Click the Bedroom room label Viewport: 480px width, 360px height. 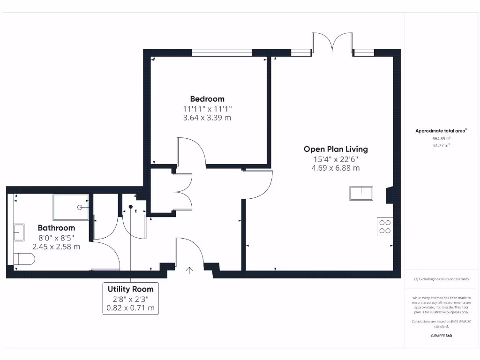point(207,99)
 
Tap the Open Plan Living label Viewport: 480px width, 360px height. point(336,149)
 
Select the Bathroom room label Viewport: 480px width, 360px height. point(56,228)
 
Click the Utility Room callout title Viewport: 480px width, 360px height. point(130,289)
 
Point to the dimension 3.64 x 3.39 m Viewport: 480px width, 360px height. point(207,118)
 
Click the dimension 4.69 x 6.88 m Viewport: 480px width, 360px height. point(336,168)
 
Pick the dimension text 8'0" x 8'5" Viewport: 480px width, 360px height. point(56,237)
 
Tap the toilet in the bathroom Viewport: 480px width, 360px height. point(24,259)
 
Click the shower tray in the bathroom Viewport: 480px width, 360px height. point(70,207)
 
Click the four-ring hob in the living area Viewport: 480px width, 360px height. point(385,226)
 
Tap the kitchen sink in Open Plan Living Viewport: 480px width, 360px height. point(361,193)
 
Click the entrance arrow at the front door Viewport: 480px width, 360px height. point(189,270)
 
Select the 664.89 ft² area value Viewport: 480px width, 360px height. point(441,139)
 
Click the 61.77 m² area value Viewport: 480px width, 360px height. point(441,146)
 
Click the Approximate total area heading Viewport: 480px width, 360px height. point(441,131)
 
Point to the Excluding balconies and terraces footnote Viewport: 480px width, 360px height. point(441,279)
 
